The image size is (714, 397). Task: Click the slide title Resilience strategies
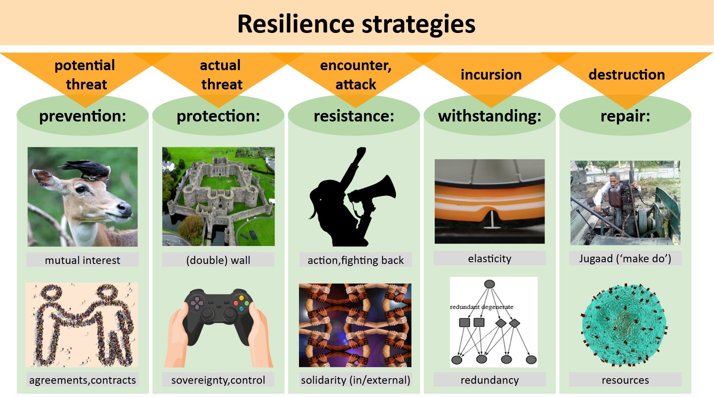pos(356,24)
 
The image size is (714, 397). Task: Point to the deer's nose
pos(124,209)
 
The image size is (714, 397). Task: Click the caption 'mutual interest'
pos(83,260)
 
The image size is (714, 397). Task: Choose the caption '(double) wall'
pos(218,260)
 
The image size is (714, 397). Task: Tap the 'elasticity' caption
pos(489,258)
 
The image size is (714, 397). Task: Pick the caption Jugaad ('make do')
pos(625,258)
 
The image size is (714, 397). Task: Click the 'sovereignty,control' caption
pos(218,380)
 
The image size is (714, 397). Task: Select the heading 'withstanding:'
pos(489,116)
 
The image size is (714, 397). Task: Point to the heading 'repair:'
pos(625,116)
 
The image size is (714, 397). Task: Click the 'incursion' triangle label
pos(491,74)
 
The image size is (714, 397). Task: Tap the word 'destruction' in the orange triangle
pos(627,74)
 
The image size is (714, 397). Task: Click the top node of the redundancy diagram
pos(489,284)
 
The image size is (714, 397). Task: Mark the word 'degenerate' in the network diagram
pos(497,307)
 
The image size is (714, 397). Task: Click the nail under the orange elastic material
pos(492,220)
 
